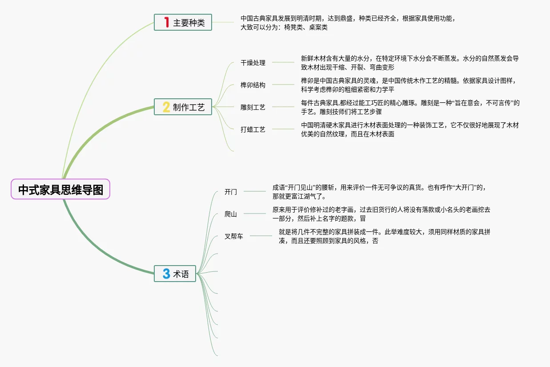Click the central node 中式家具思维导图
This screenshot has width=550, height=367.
pos(60,190)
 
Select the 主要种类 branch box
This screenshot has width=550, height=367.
pos(183,22)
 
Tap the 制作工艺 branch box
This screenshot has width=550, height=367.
pos(183,107)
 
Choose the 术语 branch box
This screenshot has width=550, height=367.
pos(175,274)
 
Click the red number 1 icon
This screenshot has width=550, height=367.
pos(167,22)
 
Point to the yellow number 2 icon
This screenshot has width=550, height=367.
pos(166,107)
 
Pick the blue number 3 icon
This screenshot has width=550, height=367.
pos(166,274)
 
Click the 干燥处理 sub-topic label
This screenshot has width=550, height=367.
pos(253,63)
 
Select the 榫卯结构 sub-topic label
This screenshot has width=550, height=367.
pos(253,85)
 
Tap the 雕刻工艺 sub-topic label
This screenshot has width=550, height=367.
pos(253,107)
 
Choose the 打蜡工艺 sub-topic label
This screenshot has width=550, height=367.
pos(253,129)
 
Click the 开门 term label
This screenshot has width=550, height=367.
pos(231,192)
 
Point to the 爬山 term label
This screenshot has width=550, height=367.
pos(231,214)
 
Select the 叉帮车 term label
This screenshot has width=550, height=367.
pos(234,236)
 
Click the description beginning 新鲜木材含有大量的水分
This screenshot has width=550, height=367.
pos(409,63)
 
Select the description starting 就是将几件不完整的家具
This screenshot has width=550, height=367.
pos(384,236)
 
